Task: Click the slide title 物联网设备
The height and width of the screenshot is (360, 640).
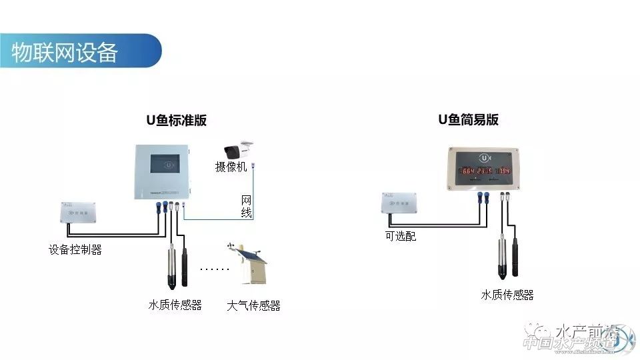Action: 65,52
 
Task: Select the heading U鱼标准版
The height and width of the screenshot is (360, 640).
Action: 177,121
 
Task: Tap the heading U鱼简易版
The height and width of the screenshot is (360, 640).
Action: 468,120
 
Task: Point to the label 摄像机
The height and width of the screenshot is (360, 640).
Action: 231,167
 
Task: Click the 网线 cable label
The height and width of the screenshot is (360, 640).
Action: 246,206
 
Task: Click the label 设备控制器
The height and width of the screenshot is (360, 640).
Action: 75,251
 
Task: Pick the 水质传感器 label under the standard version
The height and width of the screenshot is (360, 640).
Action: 175,305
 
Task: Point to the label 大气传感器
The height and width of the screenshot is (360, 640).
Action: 253,306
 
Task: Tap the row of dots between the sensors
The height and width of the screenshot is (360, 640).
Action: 215,269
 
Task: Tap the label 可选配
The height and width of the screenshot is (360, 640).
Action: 400,236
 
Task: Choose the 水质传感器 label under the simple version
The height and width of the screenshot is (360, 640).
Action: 507,295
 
